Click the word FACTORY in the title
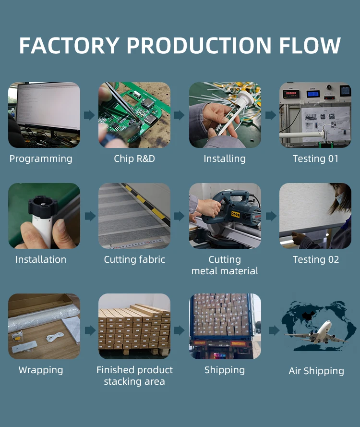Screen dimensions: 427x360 69,46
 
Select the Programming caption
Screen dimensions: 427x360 41,159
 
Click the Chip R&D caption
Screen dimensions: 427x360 134,159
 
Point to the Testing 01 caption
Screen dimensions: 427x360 315,159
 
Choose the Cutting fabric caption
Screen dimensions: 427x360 134,259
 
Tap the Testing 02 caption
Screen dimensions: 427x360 315,259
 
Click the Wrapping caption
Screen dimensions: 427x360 41,370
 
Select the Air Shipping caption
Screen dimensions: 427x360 316,371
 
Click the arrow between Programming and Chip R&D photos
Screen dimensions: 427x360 89,115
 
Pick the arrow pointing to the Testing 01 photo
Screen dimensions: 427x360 271,115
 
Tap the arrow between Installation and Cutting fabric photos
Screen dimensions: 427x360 89,216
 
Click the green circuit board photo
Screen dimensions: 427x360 134,115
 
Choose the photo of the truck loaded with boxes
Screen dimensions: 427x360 225,326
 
